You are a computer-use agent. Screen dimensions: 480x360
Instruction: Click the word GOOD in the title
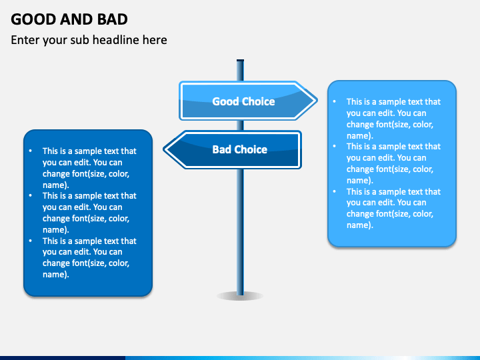point(33,19)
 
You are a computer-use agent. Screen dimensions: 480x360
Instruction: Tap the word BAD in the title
point(113,19)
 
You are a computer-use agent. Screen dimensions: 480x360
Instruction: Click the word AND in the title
point(77,19)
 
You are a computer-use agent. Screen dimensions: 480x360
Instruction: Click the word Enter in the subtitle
point(25,40)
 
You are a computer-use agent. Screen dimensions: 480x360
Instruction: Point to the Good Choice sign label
point(244,101)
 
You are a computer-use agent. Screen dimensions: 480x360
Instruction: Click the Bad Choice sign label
point(240,149)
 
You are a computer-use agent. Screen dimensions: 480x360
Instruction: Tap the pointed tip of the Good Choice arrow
point(317,101)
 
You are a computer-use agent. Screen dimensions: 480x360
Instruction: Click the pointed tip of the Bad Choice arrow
point(163,149)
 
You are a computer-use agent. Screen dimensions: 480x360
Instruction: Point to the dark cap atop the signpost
point(240,60)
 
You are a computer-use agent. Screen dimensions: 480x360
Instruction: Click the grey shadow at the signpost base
point(240,296)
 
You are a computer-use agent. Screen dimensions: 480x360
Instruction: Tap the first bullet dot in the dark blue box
point(30,151)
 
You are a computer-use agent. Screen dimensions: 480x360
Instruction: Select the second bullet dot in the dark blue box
point(30,195)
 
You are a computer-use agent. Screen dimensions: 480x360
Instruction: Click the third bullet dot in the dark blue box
point(30,241)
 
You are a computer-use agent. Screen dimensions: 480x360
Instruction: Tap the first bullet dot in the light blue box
point(334,101)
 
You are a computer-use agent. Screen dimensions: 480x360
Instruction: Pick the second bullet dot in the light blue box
point(334,146)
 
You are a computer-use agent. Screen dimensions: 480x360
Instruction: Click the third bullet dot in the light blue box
point(334,191)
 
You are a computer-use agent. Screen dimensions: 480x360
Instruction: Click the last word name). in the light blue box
point(360,225)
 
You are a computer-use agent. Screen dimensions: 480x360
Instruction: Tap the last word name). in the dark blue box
point(56,275)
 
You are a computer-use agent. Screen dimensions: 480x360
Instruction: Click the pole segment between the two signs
point(240,125)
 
